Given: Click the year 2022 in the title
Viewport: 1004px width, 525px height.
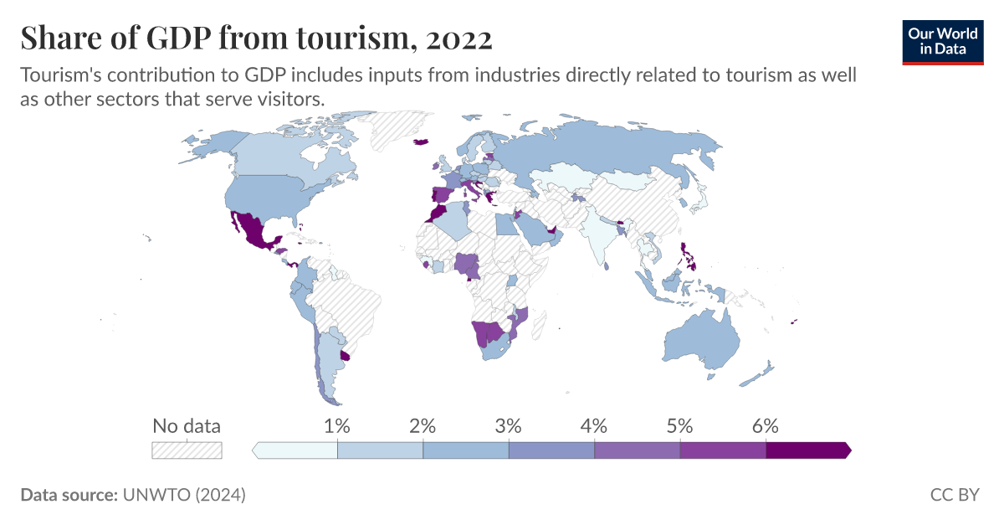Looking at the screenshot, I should tap(458, 38).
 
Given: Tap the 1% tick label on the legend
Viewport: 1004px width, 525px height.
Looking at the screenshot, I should tap(337, 425).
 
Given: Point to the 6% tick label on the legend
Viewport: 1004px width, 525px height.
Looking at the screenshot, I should tap(766, 425).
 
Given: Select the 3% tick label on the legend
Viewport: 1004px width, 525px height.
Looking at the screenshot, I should tap(509, 425).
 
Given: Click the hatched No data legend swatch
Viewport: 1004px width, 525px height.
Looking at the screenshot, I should tap(187, 450).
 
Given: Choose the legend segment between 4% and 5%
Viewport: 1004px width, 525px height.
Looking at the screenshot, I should tap(637, 450).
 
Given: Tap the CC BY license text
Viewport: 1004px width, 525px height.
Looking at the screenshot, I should tap(954, 495).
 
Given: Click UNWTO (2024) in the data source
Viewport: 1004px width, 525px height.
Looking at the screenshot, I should tap(184, 495).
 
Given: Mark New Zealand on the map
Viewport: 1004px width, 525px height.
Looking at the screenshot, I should tap(760, 373).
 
